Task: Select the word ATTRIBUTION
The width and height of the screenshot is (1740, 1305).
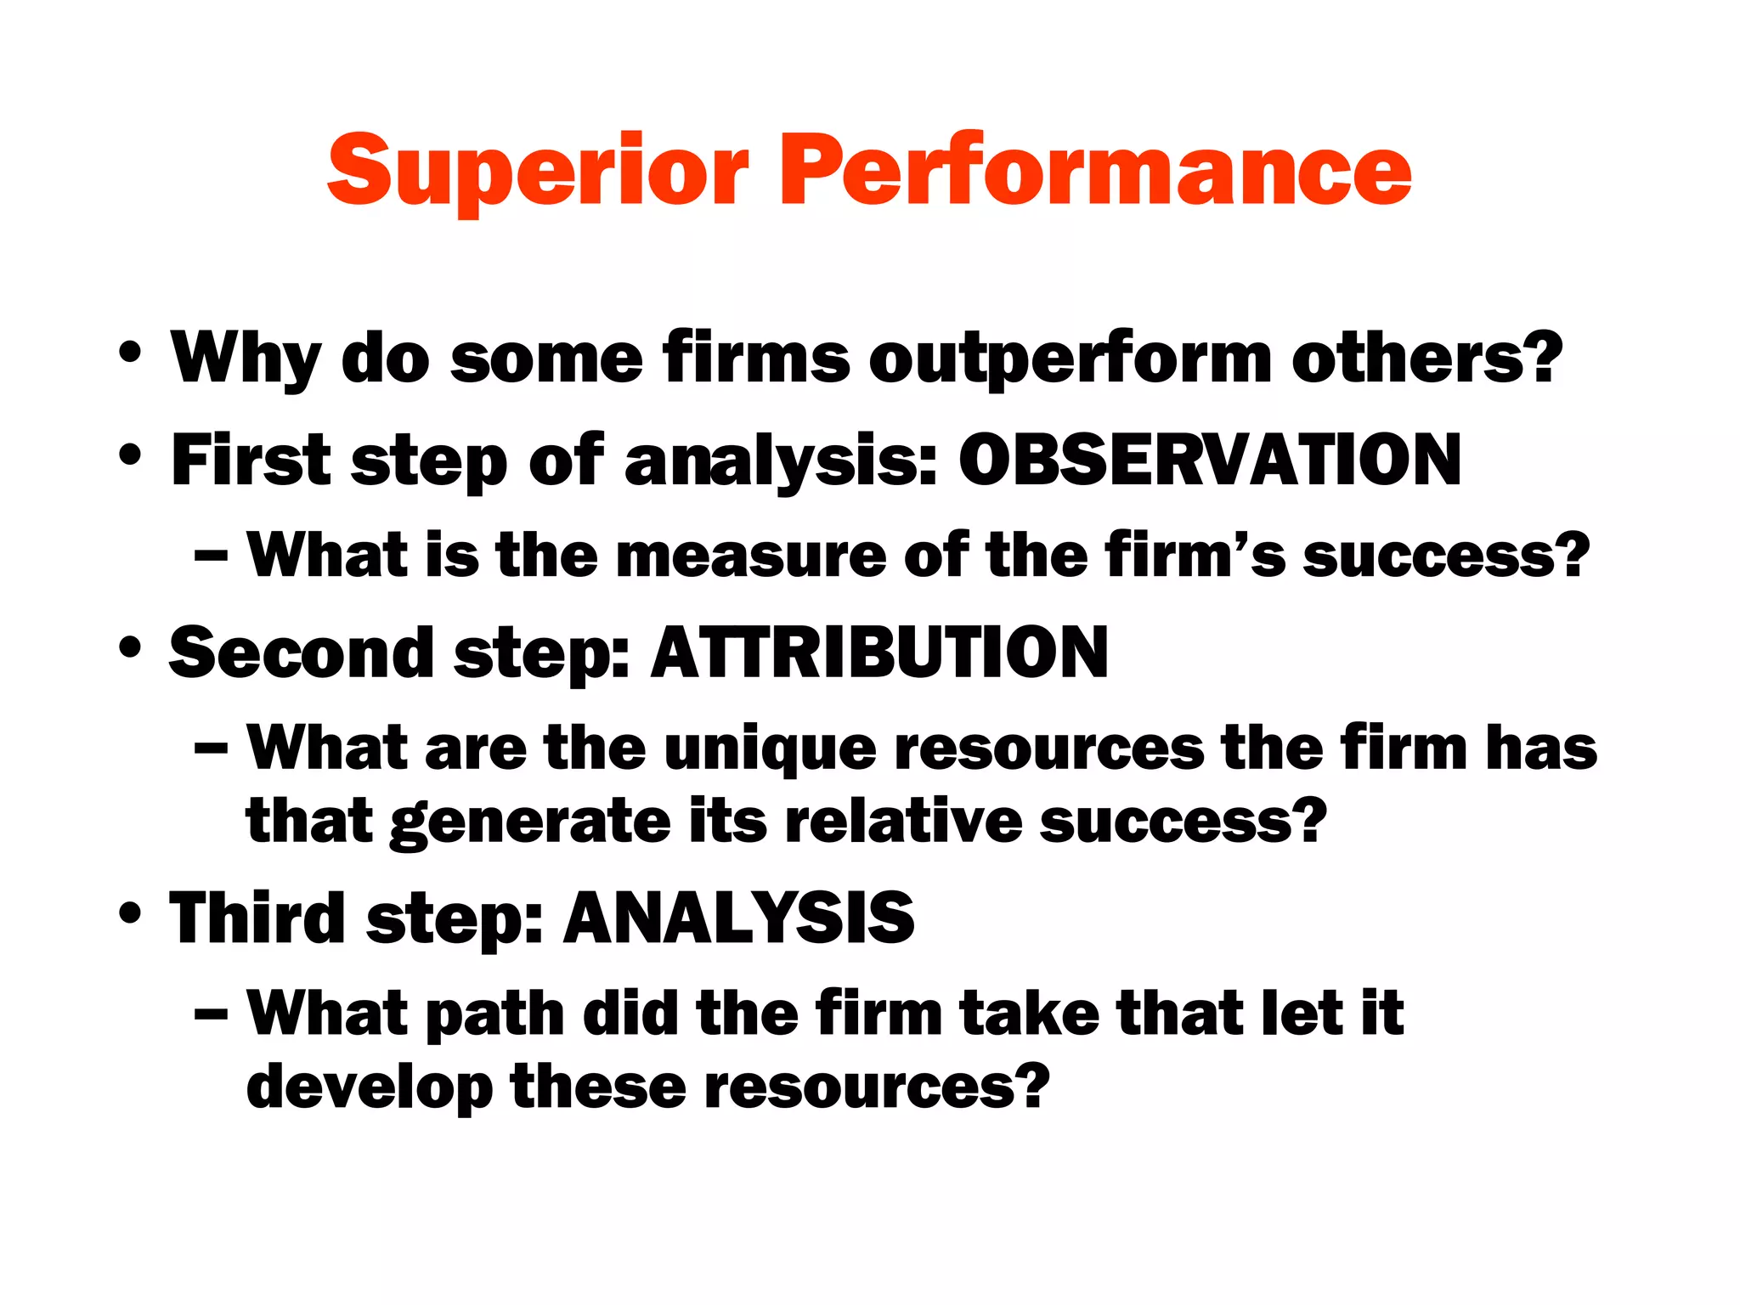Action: [x=879, y=652]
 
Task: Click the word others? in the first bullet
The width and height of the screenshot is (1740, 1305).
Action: [x=1426, y=357]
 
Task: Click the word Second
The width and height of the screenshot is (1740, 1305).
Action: [x=302, y=652]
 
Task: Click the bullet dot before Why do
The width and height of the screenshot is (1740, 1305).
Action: [x=130, y=353]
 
